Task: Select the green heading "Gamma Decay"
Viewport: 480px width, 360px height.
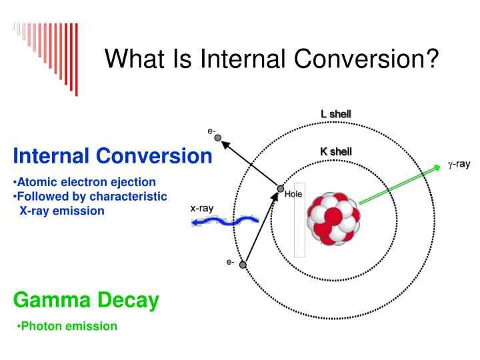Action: coord(86,301)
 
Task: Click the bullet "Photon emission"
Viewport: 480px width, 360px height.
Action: coord(67,326)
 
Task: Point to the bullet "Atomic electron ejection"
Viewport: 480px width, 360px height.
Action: coord(85,182)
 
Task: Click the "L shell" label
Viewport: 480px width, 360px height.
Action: coord(336,114)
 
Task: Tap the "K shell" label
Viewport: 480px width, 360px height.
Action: coord(336,152)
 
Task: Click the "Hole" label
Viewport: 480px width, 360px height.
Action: coord(294,195)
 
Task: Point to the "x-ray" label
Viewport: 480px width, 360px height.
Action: coord(202,208)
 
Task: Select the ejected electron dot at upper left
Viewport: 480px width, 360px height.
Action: coord(217,138)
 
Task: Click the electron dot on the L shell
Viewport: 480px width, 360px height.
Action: coord(243,265)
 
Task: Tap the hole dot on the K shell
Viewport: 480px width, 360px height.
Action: coord(281,189)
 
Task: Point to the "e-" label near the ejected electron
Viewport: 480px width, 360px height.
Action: coord(211,131)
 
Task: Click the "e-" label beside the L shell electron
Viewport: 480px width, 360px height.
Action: coord(230,262)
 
